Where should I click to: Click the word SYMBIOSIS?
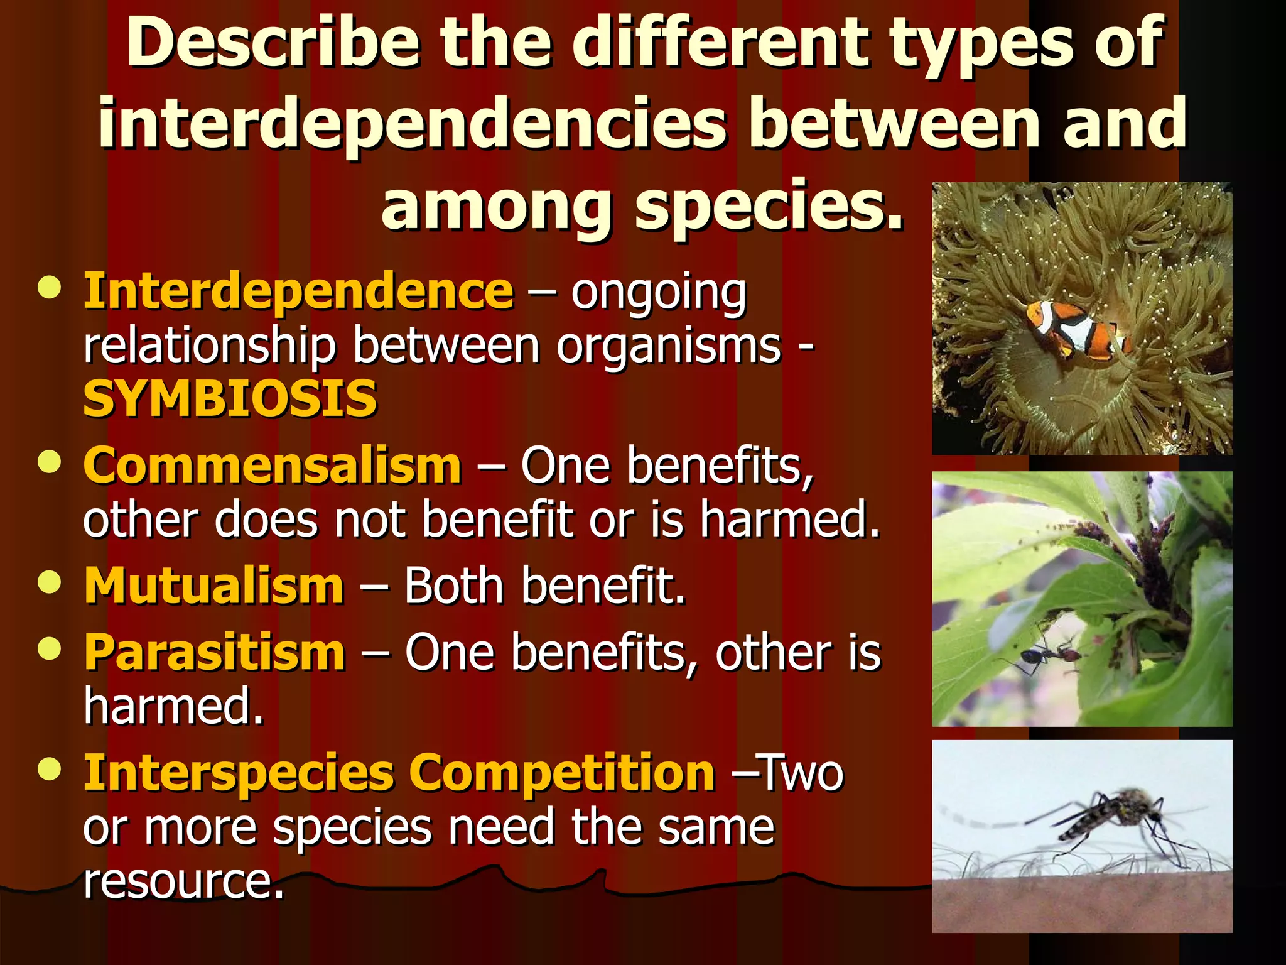pos(230,399)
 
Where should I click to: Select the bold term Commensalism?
pos(273,466)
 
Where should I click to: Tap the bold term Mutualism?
pos(214,586)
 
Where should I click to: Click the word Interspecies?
pos(239,773)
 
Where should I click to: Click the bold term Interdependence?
pos(299,292)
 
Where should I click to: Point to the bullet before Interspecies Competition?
pos(49,769)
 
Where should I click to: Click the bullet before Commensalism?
pos(49,462)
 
